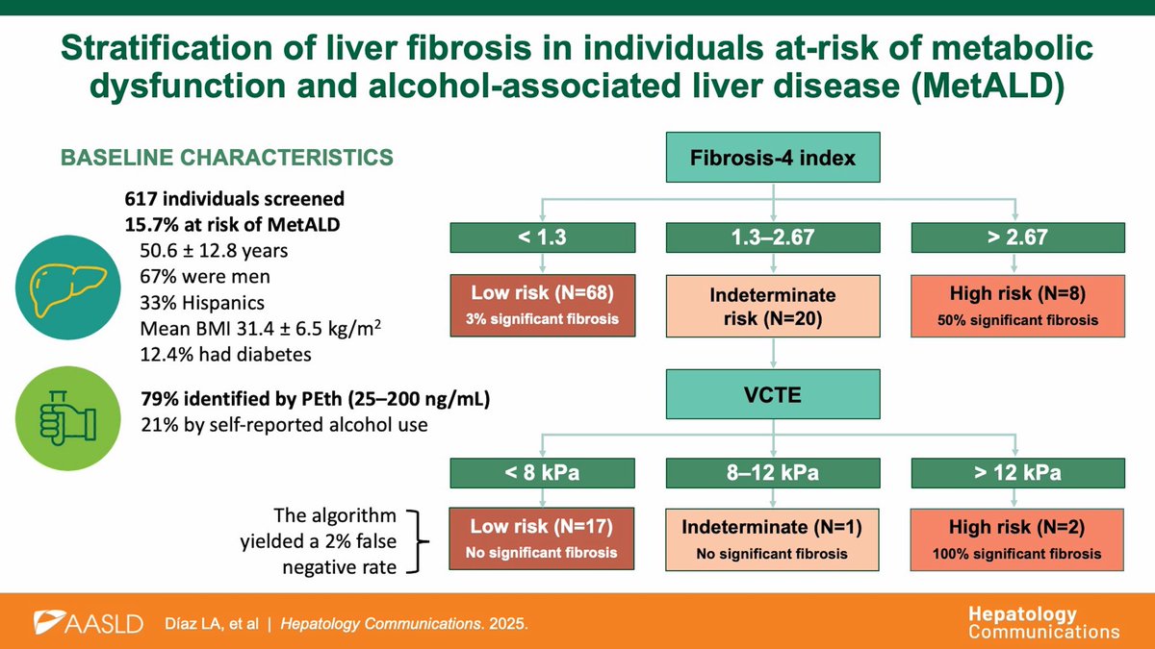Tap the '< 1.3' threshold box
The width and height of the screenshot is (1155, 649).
(x=543, y=237)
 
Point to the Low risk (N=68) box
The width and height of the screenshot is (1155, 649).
(x=543, y=306)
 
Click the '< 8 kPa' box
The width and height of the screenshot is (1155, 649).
(x=543, y=473)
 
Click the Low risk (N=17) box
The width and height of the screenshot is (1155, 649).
(x=543, y=539)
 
